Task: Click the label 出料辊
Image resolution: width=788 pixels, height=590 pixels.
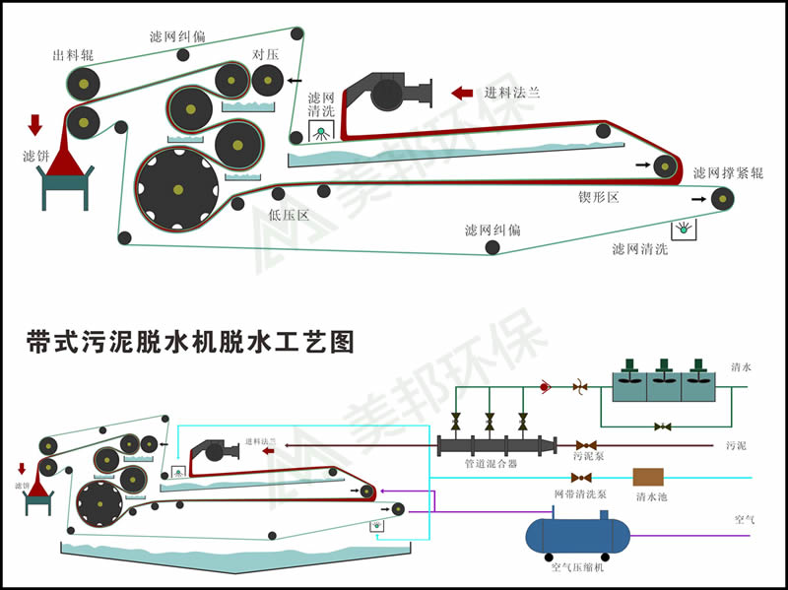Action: click(73, 55)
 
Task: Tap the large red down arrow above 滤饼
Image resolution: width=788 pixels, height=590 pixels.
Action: click(35, 124)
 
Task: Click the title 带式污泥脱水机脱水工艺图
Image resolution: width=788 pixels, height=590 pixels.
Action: click(189, 342)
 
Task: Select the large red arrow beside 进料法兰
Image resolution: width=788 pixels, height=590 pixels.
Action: click(462, 93)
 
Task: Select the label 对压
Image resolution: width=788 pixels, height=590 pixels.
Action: click(266, 54)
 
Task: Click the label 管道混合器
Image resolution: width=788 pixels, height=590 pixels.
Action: click(491, 463)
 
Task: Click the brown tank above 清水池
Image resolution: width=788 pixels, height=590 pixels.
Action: click(648, 477)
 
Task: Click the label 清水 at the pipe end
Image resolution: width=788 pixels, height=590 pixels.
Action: click(741, 367)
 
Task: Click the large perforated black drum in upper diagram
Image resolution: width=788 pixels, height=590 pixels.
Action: click(178, 188)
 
